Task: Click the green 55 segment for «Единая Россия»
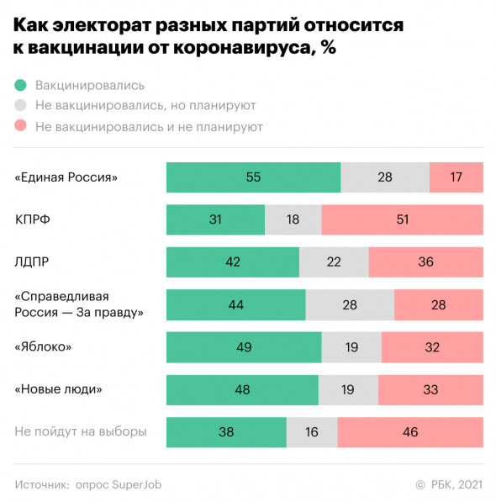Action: (253, 177)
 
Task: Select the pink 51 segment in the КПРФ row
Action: (402, 219)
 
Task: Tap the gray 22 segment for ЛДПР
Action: (334, 262)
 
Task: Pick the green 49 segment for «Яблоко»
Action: (244, 346)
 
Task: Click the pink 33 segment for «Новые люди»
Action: (430, 389)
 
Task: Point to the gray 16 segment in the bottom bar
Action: (312, 431)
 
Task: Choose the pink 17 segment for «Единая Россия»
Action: (456, 177)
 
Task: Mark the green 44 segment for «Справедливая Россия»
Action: (235, 304)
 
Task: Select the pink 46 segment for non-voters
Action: (410, 431)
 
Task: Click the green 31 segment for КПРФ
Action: (215, 219)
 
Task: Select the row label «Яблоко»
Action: (43, 346)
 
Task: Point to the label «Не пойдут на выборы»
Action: (81, 431)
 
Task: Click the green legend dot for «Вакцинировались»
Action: (21, 85)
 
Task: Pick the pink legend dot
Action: (21, 127)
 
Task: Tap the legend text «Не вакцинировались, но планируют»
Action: (145, 106)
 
